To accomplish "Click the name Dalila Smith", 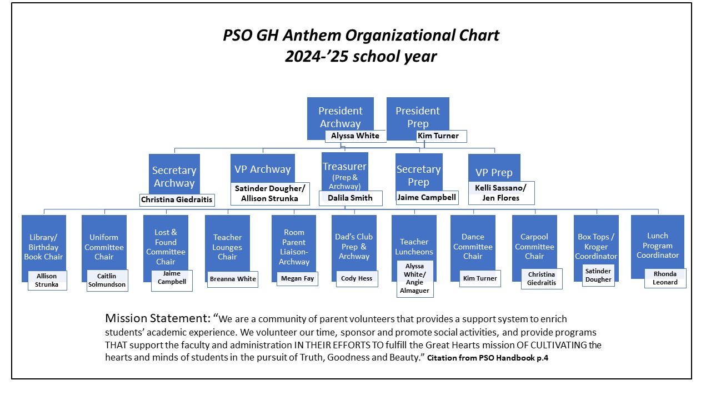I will [350, 198].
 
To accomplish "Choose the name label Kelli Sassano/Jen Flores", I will [497, 193].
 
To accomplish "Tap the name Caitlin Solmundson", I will [107, 281].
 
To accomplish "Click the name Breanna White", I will [233, 279].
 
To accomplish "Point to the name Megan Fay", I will [297, 279].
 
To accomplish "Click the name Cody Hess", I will [357, 279].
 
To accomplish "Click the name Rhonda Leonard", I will [665, 278].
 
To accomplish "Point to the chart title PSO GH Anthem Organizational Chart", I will [361, 36].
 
